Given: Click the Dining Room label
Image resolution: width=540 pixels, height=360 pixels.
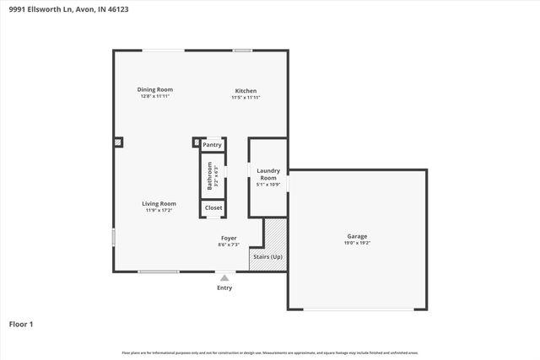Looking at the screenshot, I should (x=155, y=89).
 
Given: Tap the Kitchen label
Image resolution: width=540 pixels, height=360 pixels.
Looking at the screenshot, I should (x=246, y=91).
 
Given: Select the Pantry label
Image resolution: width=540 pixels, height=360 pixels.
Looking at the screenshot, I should (x=212, y=145).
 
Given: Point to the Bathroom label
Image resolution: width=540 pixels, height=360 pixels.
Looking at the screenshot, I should (x=209, y=175).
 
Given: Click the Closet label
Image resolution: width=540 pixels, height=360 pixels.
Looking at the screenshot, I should (x=213, y=207).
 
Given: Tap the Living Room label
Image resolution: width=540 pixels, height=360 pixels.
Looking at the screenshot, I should (x=159, y=203).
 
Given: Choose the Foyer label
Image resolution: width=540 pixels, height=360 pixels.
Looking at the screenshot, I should (x=229, y=239).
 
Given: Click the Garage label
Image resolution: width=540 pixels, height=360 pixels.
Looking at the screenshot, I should (x=357, y=236).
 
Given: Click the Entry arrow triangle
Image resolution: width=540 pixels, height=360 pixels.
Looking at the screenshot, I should (x=224, y=277).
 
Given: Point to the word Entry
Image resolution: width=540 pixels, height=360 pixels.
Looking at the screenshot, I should (x=224, y=287).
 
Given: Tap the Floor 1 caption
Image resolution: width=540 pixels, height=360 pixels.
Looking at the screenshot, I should (x=21, y=323).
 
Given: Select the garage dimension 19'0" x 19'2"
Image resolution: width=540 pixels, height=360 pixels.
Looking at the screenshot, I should (x=357, y=243).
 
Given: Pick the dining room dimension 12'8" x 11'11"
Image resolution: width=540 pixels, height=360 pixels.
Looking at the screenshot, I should (x=155, y=96).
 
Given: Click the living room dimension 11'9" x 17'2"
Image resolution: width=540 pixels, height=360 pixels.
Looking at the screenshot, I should (x=159, y=210).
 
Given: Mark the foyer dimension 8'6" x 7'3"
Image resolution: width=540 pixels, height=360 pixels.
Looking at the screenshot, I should (x=229, y=245).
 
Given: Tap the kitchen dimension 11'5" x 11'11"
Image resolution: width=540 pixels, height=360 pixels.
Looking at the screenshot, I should (x=246, y=98).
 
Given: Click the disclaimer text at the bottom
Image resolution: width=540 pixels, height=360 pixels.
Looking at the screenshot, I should (x=270, y=352).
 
